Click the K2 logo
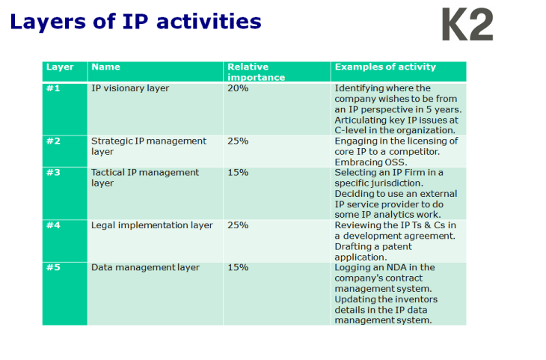(467, 25)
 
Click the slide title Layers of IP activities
(135, 22)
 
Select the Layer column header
(60, 67)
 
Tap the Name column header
(105, 67)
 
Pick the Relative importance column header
(256, 72)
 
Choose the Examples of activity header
(385, 67)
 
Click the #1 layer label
(53, 88)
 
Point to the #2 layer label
(53, 141)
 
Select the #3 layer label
(53, 172)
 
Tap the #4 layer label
(53, 225)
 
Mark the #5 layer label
(53, 267)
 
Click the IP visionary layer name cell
(130, 88)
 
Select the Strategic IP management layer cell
(148, 145)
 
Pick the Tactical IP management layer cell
(145, 177)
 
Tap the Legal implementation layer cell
(152, 225)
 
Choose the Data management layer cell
(145, 267)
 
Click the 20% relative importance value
(238, 88)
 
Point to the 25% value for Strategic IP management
(238, 141)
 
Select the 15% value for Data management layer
(238, 267)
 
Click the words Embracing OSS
(372, 162)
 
